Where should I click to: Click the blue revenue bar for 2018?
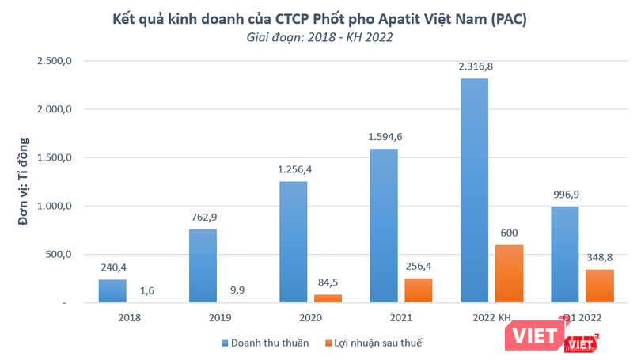[x=112, y=291]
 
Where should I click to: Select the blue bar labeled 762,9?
[x=203, y=266]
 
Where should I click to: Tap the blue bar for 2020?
[x=293, y=242]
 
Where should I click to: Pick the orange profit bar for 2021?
[x=419, y=290]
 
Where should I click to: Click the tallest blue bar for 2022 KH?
[x=474, y=191]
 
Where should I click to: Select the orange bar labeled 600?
[x=509, y=274]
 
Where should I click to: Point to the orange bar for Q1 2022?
[x=599, y=286]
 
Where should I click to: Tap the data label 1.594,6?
[x=385, y=137]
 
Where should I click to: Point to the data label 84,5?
[x=328, y=282]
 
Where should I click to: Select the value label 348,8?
[x=599, y=257]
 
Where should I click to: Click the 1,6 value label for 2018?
[x=146, y=290]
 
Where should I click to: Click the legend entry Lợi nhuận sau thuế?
[x=372, y=342]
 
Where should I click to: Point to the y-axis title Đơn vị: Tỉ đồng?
[x=24, y=181]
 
